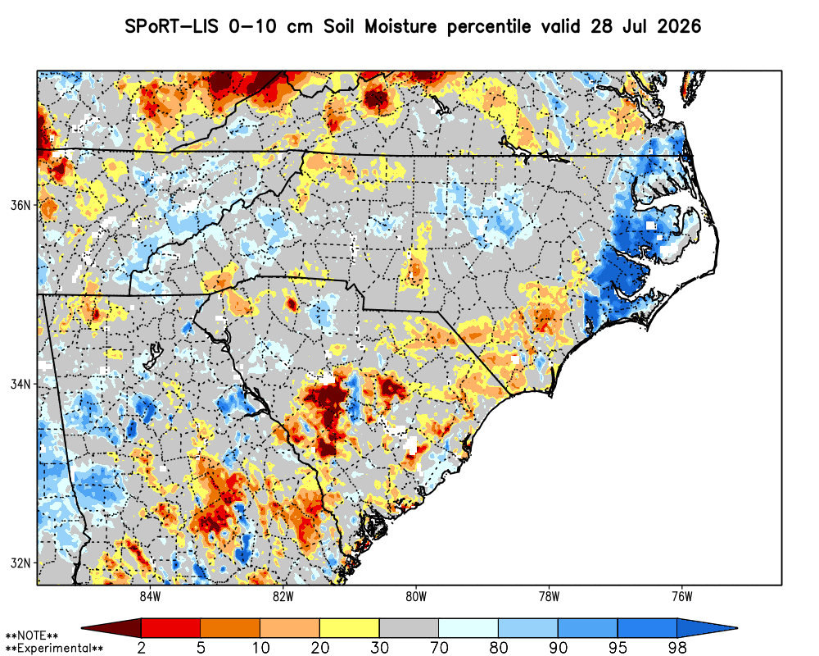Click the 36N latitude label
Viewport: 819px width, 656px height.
click(21, 205)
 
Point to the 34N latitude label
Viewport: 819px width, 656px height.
click(21, 385)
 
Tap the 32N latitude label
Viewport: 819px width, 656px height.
click(21, 563)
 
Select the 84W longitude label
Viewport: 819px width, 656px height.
click(150, 597)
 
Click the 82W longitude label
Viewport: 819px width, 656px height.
click(283, 597)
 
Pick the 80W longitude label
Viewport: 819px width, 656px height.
click(416, 597)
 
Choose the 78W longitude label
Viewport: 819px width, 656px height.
click(549, 597)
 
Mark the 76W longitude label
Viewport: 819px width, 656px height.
click(682, 597)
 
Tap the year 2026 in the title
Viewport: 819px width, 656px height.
click(678, 26)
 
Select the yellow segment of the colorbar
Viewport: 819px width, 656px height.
click(350, 627)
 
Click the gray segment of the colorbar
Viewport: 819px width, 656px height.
click(409, 627)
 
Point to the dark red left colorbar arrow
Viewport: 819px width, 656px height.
click(111, 627)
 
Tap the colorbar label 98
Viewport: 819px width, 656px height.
click(677, 648)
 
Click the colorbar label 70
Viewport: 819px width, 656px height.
click(439, 648)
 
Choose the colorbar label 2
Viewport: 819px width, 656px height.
click(142, 648)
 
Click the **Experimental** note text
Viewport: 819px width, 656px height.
click(54, 649)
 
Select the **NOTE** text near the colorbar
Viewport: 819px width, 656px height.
click(32, 636)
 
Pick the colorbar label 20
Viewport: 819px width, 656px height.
click(320, 648)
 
